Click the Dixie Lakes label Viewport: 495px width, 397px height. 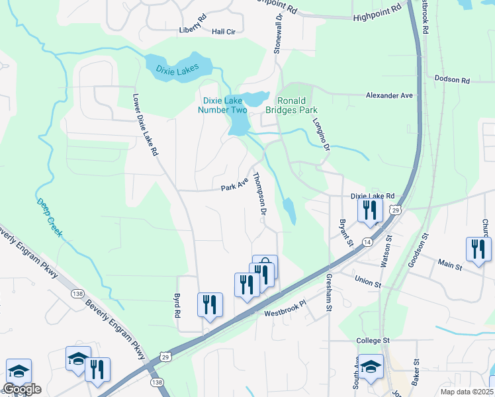point(178,69)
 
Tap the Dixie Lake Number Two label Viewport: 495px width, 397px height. point(224,105)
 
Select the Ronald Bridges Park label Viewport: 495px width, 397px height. point(292,105)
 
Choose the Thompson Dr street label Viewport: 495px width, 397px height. point(259,194)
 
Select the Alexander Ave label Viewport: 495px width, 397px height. point(389,96)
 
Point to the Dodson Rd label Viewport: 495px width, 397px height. point(452,80)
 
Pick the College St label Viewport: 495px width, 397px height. point(374,341)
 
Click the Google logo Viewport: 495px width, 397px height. point(22,389)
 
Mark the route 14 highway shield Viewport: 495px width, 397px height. point(366,243)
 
